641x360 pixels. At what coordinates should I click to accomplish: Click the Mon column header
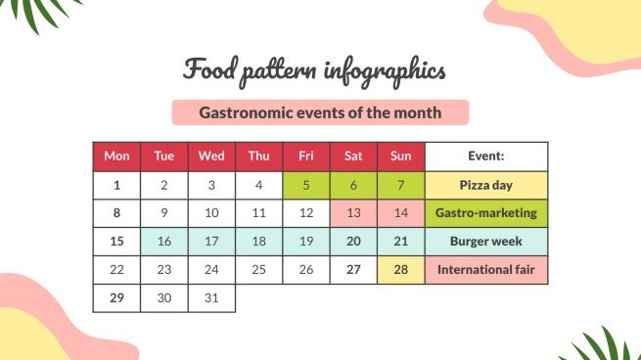pos(116,157)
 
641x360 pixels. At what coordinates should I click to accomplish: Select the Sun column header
pos(401,157)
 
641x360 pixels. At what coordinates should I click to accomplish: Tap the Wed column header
pos(211,157)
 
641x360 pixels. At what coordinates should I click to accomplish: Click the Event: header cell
pos(486,157)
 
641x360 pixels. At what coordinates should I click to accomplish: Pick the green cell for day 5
pos(306,185)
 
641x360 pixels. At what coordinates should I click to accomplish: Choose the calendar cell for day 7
pos(401,185)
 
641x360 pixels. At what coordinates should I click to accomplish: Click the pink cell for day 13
pos(354,213)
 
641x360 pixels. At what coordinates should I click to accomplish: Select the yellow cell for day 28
pos(401,269)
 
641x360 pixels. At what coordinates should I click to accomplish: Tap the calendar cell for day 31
pos(211,297)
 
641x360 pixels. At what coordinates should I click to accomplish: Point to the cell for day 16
pos(164,241)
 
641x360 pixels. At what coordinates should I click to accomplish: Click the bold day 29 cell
pos(116,297)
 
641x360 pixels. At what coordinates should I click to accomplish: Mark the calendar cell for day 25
pos(259,269)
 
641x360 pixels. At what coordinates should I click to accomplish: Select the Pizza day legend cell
pos(486,185)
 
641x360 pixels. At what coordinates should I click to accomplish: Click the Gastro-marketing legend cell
pos(486,213)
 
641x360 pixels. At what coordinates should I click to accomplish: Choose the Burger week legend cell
pos(486,241)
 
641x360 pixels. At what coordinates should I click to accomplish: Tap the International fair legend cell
pos(486,269)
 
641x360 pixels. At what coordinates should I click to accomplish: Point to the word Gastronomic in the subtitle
pos(246,113)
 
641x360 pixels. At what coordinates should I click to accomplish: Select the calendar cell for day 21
pos(401,241)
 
